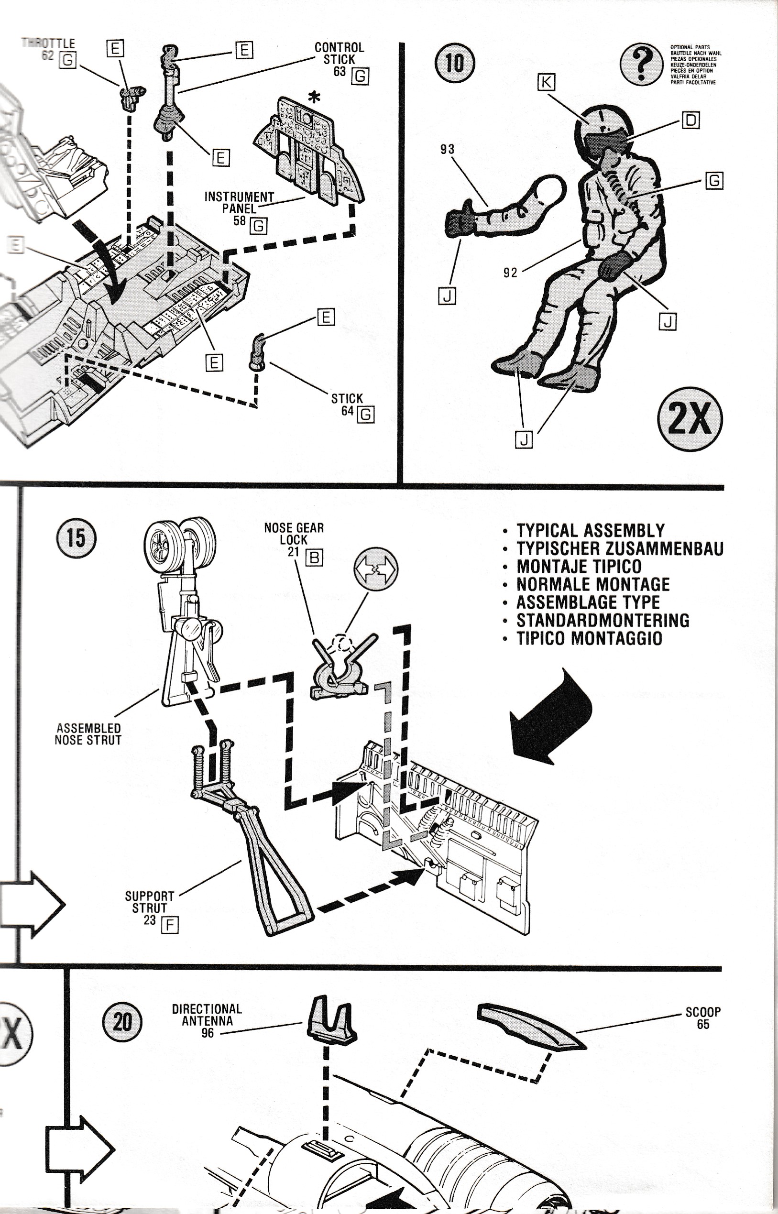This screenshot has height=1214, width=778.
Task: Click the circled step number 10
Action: [454, 63]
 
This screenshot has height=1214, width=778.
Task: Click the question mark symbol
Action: [641, 64]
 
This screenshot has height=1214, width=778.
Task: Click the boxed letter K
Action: [546, 82]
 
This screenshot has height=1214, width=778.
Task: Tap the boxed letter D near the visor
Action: [690, 120]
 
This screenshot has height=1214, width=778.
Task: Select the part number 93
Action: [447, 150]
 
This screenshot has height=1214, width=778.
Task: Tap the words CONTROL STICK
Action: [339, 53]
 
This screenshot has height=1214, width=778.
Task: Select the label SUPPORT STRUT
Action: [149, 901]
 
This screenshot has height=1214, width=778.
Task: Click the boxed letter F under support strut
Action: [170, 925]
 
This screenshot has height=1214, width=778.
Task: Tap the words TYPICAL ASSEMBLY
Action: [590, 530]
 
